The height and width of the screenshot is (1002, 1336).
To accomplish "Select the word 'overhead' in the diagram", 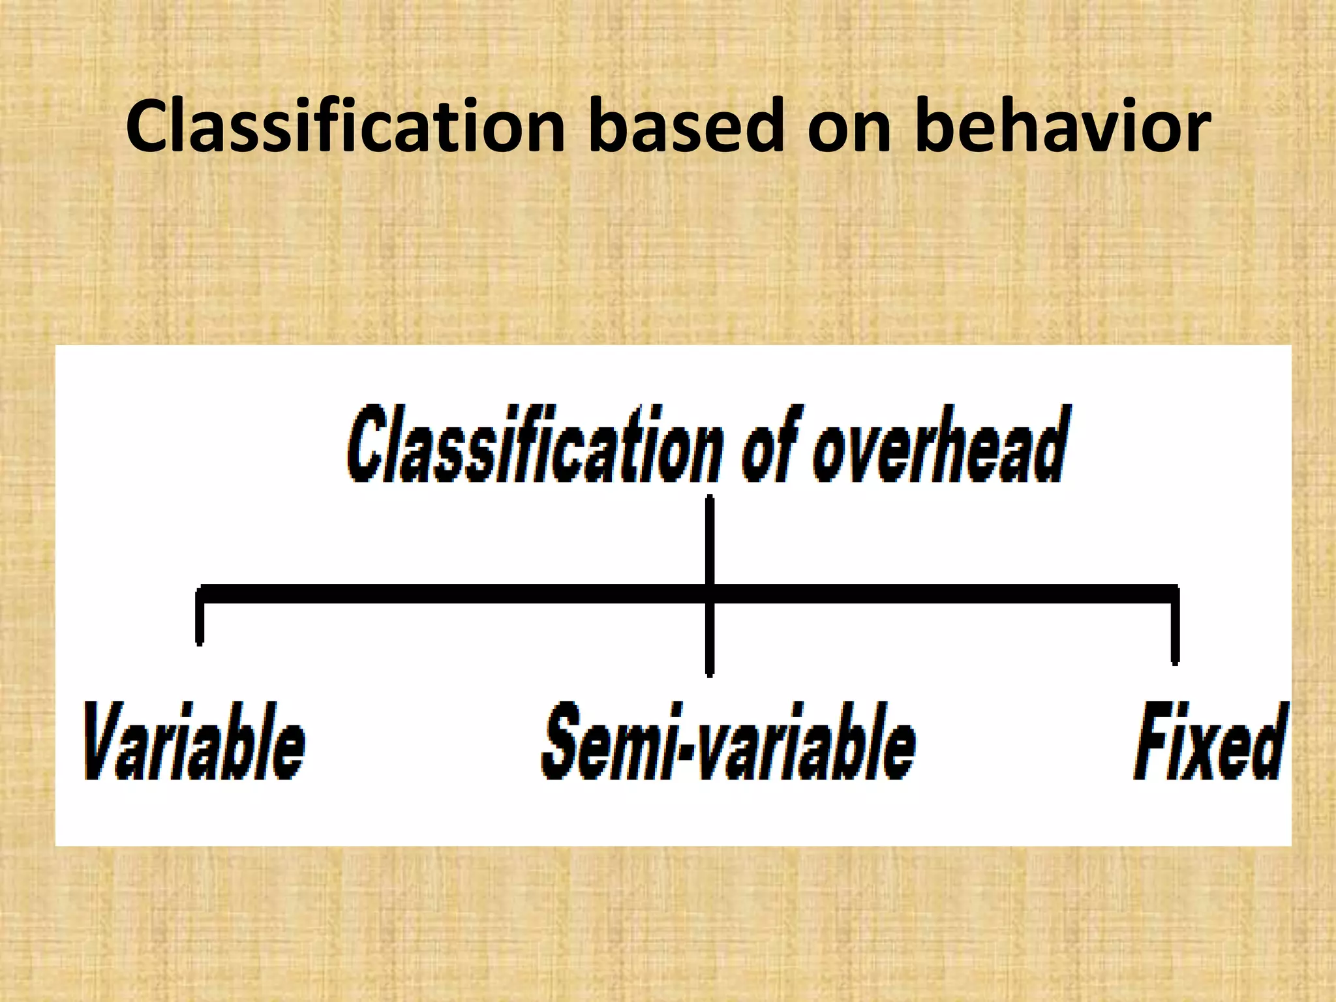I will click(x=939, y=445).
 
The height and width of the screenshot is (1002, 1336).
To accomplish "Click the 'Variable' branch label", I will click(x=194, y=741).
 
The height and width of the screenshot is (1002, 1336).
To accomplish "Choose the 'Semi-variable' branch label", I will click(x=729, y=741).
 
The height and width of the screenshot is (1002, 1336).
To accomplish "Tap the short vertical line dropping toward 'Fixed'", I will click(x=1175, y=630).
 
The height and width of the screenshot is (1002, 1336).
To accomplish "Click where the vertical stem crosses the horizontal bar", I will click(x=710, y=594).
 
